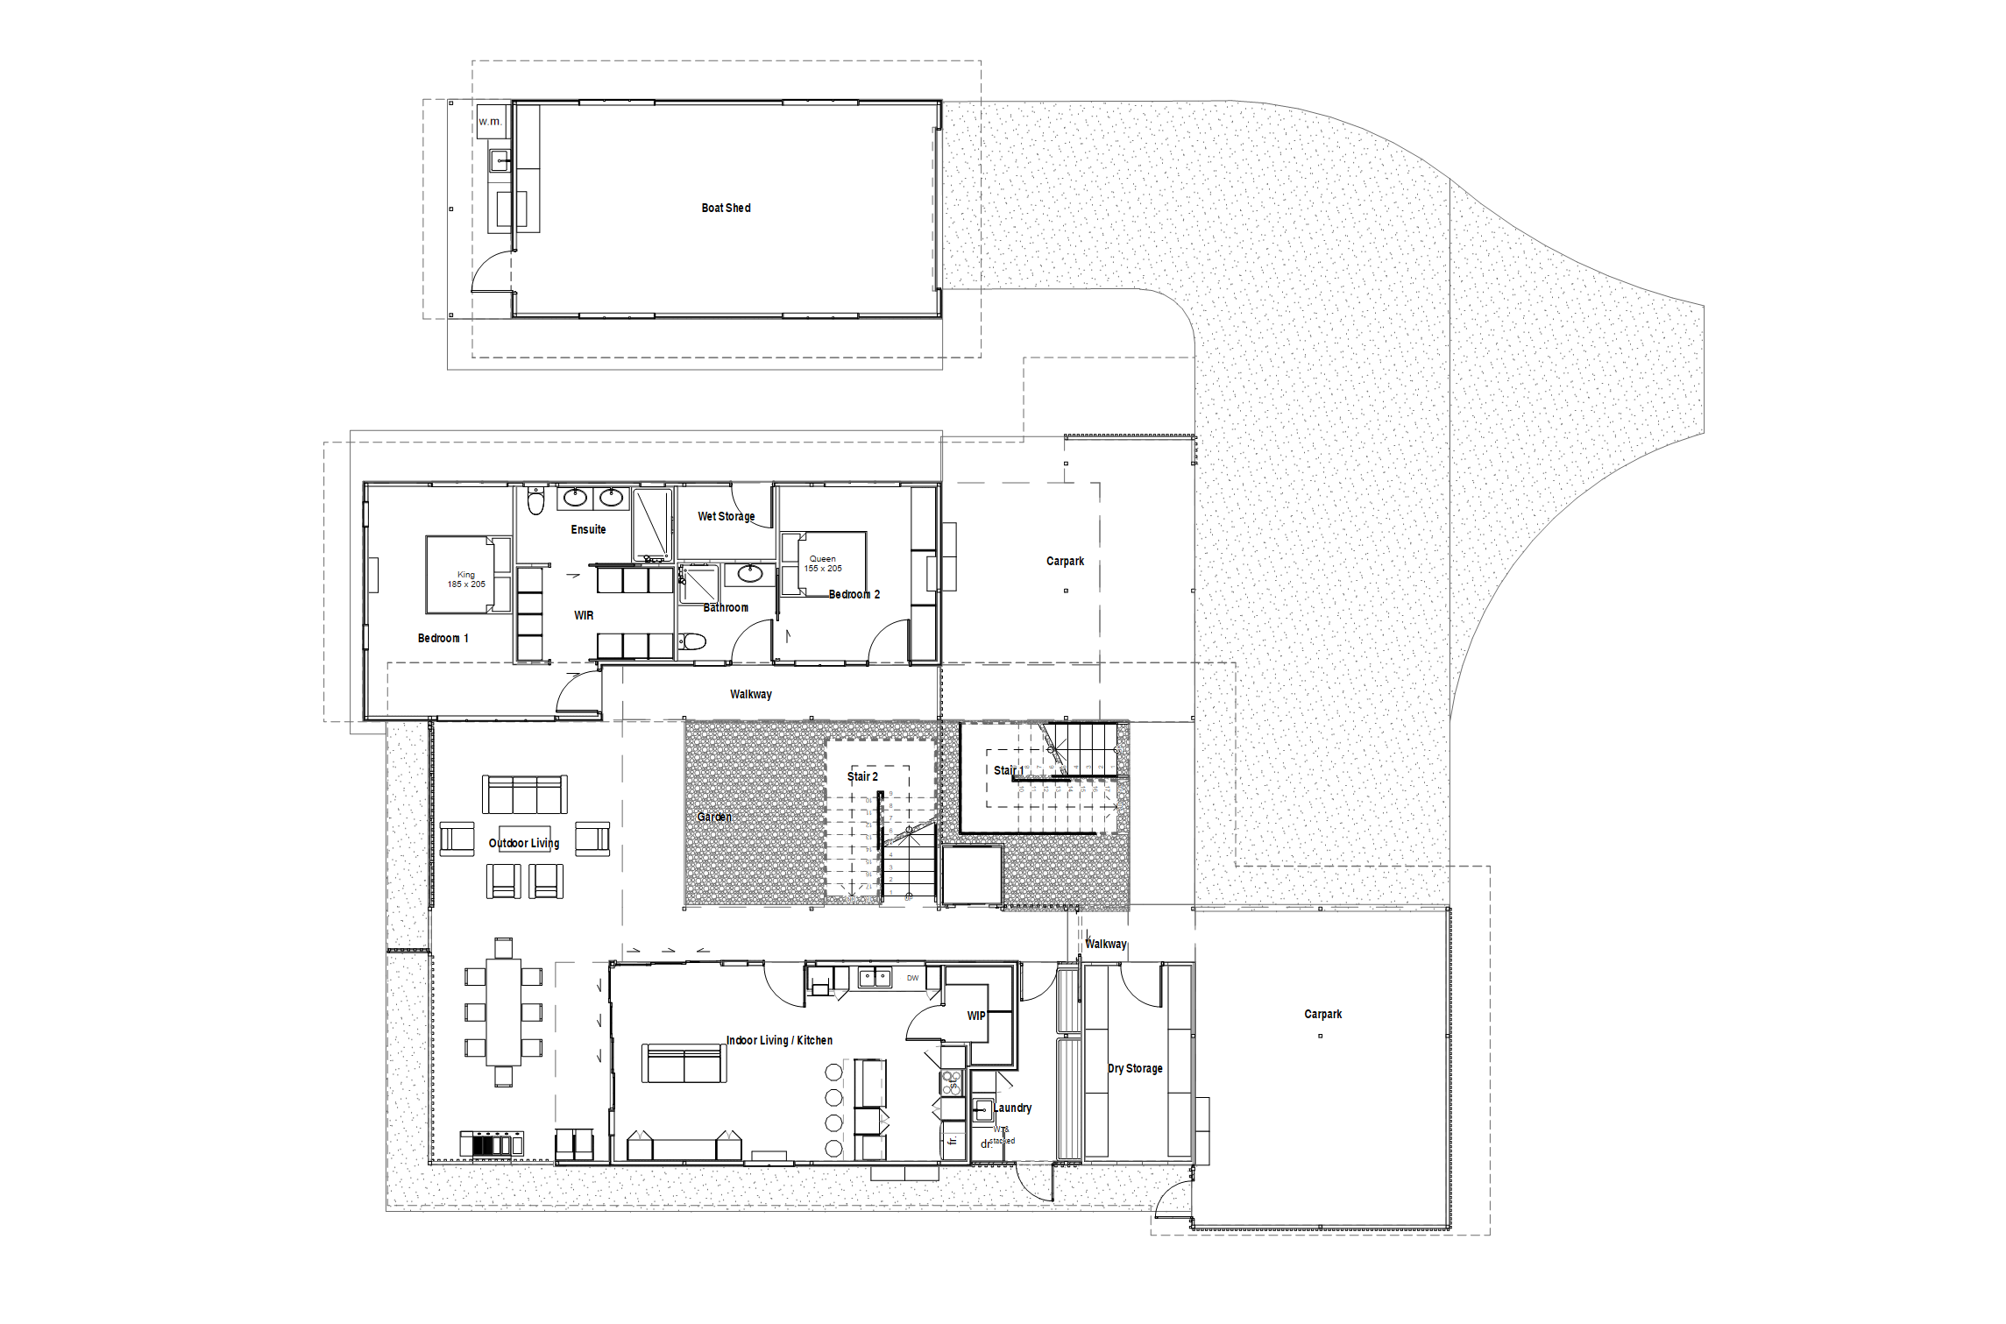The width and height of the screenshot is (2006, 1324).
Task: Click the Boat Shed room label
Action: [x=726, y=208]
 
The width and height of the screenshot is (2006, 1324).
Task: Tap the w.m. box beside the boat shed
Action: [x=491, y=121]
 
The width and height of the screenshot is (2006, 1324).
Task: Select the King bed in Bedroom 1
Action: [x=466, y=575]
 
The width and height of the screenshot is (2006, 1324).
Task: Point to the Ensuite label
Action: [x=588, y=529]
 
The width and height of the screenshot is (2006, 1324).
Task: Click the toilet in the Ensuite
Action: [x=535, y=502]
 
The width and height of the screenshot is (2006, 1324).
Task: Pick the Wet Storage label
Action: [x=726, y=516]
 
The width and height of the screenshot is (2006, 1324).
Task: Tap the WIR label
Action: [x=584, y=615]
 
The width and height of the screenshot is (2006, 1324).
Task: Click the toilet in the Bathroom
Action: [x=692, y=641]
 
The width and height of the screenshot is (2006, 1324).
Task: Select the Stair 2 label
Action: [x=862, y=776]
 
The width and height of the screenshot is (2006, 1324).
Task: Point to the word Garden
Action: [x=714, y=817]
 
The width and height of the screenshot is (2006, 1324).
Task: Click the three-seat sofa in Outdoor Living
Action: [x=524, y=795]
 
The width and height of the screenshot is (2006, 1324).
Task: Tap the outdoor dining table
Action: [x=503, y=1012]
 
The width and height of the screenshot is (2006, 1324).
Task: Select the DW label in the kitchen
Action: [x=912, y=978]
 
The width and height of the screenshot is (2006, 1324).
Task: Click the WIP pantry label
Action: [x=976, y=1016]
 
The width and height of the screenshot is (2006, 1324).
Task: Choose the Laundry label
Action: [x=1012, y=1108]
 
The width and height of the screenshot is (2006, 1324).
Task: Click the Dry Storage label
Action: [x=1135, y=1068]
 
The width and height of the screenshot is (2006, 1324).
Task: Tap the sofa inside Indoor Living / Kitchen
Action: [x=684, y=1064]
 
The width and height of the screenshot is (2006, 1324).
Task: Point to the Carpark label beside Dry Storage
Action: [x=1322, y=1014]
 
